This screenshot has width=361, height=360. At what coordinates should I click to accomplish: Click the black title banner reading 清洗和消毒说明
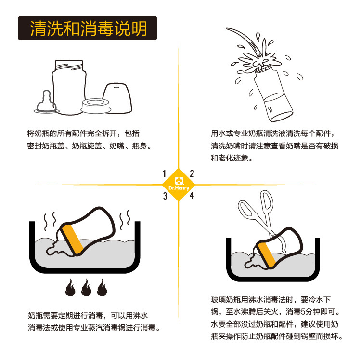coord(88,28)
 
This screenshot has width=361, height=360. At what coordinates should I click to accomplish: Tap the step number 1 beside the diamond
coord(164,174)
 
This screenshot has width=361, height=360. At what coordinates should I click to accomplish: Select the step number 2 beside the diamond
coord(192,173)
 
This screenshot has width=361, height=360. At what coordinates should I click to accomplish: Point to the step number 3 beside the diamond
coord(165,196)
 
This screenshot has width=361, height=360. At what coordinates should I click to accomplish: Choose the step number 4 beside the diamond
coord(192,196)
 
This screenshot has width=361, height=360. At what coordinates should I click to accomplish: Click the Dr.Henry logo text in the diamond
coord(179,188)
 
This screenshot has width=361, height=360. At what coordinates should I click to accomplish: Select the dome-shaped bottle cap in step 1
coord(117,98)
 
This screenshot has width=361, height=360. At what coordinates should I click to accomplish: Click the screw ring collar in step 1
coord(96,106)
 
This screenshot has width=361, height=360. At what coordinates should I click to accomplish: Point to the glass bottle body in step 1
coord(69,87)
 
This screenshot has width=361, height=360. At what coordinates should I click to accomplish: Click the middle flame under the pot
coord(86,288)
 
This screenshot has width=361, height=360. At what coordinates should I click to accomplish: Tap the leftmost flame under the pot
coord(70,288)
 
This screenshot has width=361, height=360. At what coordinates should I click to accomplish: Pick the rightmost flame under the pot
coord(102,288)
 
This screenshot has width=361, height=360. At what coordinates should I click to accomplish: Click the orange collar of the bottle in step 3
coord(73,240)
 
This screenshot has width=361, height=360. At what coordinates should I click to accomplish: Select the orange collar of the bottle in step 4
coord(267,255)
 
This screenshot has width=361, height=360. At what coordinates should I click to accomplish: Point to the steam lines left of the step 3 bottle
coord(50,221)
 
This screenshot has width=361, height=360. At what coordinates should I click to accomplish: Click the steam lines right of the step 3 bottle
coord(125,220)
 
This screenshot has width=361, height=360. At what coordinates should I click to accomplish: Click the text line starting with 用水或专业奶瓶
coord(272,133)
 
